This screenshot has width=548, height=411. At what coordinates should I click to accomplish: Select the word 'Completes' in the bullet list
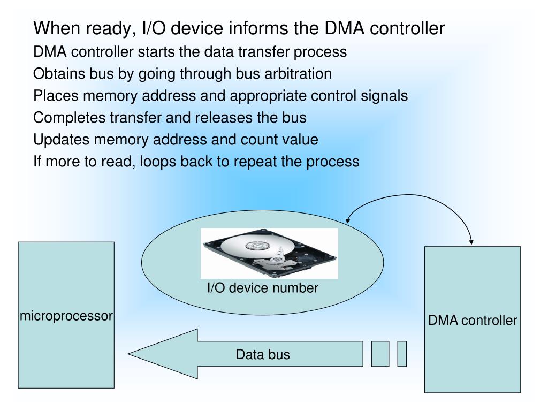tap(69, 118)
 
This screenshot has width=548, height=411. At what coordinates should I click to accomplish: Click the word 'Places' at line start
tap(56, 96)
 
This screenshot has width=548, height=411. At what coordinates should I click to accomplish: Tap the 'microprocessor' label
tap(66, 316)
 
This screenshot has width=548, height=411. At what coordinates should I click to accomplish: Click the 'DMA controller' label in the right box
tap(473, 320)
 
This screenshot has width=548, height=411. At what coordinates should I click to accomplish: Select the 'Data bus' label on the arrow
tap(263, 354)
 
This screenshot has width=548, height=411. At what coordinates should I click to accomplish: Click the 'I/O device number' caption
tap(263, 288)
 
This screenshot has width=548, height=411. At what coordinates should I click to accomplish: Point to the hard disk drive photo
tap(270, 253)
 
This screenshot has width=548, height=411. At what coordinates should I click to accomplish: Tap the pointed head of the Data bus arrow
tap(128, 354)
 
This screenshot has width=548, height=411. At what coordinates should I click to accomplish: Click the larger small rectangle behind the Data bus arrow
tap(380, 354)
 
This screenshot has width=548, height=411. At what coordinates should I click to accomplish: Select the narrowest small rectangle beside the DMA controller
tap(402, 354)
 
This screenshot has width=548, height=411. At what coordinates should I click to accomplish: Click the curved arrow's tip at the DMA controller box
tap(471, 243)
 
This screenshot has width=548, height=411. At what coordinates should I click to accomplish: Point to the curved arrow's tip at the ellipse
tap(347, 222)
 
